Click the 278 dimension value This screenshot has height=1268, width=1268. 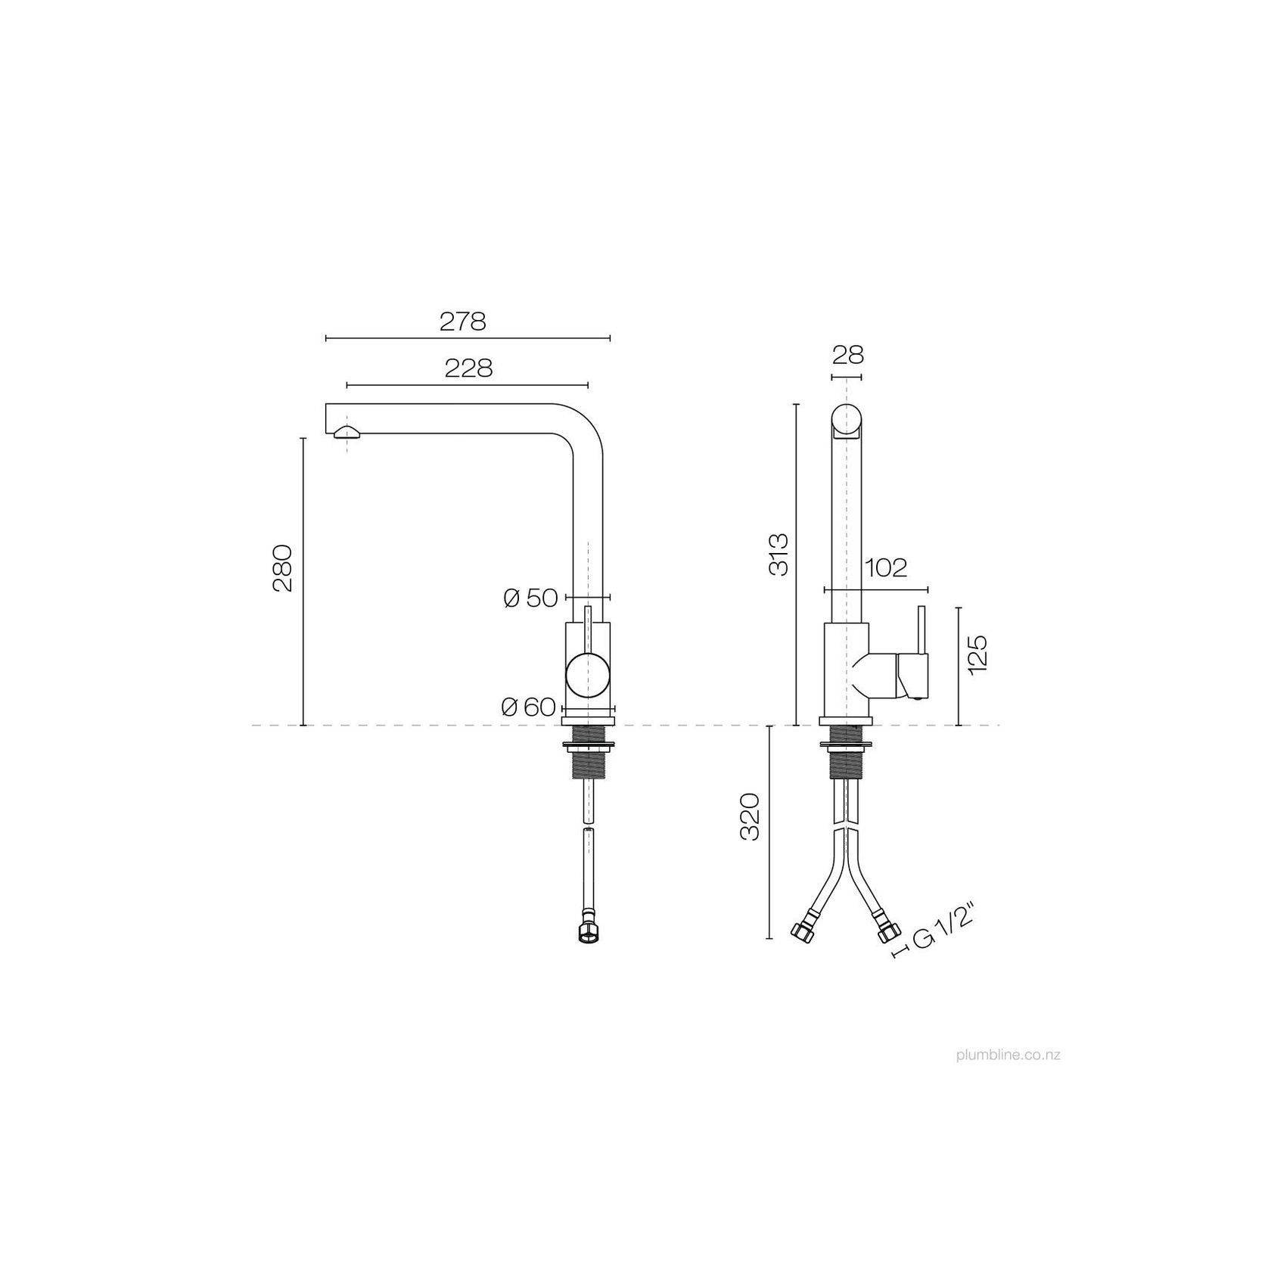[x=462, y=322]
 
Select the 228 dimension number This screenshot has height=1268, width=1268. [x=468, y=368]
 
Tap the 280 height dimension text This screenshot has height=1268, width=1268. [x=283, y=567]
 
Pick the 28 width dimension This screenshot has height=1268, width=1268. [x=847, y=354]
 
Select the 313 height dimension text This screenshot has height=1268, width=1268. [x=779, y=555]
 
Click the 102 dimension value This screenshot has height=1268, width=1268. [x=885, y=567]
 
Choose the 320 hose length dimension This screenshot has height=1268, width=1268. [x=749, y=817]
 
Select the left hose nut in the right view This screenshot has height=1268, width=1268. [x=802, y=932]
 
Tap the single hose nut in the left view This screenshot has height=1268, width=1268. [x=587, y=934]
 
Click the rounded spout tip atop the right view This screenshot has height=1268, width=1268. [x=847, y=420]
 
